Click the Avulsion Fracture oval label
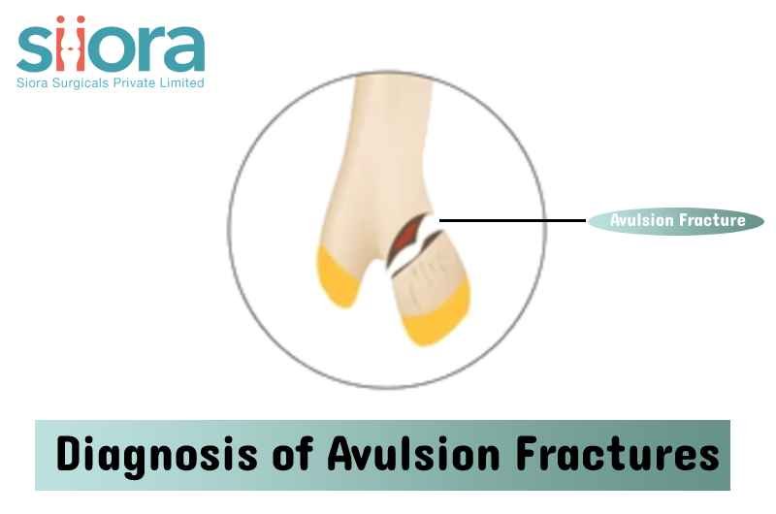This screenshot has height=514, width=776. coord(676,221)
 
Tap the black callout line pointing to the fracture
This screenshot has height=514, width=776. coord(513,221)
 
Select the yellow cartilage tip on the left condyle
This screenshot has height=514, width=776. coord(339,278)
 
